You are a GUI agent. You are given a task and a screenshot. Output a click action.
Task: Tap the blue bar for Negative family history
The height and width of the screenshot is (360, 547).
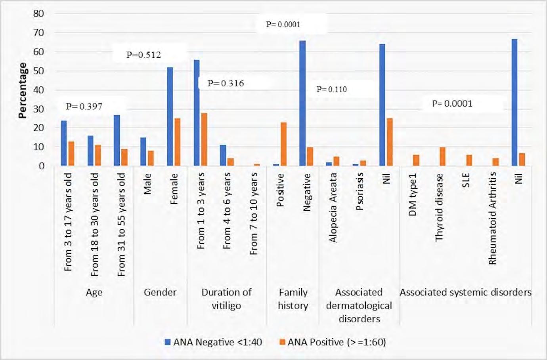pyautogui.click(x=302, y=103)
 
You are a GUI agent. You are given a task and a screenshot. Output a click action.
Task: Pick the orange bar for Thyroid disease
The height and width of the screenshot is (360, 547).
pyautogui.click(x=442, y=156)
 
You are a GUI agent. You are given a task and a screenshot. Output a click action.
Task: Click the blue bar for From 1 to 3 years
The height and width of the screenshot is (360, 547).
pyautogui.click(x=197, y=112)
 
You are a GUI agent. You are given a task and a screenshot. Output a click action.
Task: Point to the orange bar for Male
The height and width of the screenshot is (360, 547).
pyautogui.click(x=150, y=158)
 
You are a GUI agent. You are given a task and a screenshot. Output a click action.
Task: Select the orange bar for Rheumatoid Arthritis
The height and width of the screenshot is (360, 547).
pyautogui.click(x=495, y=162)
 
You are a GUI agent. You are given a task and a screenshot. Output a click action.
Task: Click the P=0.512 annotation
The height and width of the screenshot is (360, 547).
pyautogui.click(x=144, y=55)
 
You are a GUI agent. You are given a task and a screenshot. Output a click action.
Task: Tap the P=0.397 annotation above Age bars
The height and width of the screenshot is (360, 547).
pyautogui.click(x=84, y=106)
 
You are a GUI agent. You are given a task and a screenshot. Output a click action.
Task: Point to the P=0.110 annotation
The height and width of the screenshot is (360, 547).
pyautogui.click(x=331, y=90)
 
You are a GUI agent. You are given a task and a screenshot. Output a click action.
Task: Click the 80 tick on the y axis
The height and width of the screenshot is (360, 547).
pyautogui.click(x=38, y=13)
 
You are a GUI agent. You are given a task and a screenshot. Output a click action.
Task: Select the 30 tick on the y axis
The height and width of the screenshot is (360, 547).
pyautogui.click(x=38, y=109)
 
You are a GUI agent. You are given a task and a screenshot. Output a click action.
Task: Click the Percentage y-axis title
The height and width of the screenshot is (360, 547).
pyautogui.click(x=23, y=90)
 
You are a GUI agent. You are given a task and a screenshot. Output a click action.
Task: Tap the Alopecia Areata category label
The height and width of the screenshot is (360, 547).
pyautogui.click(x=333, y=208)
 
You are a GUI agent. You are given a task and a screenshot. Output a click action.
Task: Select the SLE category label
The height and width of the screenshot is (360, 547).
pyautogui.click(x=466, y=181)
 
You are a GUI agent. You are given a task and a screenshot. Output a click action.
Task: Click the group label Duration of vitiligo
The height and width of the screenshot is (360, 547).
pyautogui.click(x=226, y=299)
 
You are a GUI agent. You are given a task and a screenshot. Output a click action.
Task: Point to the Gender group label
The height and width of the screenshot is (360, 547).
pyautogui.click(x=160, y=292)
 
